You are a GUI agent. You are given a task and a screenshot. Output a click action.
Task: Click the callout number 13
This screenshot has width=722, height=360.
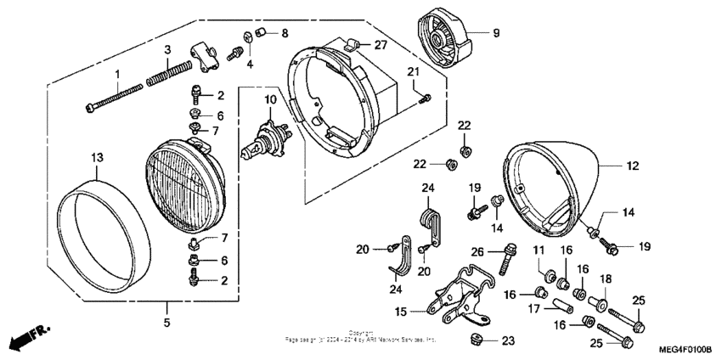97,157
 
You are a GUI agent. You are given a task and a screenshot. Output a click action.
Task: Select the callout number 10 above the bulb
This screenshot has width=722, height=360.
269,100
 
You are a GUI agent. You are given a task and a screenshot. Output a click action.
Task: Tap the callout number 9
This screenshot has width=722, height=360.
496,34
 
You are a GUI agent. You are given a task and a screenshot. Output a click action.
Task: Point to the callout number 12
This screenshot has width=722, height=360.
632,167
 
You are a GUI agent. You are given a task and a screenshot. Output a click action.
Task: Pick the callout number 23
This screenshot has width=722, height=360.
507,341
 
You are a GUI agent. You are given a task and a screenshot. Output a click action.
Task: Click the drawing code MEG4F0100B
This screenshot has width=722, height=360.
685,349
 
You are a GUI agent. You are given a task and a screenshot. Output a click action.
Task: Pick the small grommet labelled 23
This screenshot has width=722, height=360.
476,340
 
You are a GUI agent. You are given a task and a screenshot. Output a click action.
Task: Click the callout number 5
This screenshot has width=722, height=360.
166,323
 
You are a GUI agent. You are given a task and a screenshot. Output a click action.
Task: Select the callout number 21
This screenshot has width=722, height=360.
413,70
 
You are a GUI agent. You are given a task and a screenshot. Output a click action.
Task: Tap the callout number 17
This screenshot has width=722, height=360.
536,310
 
